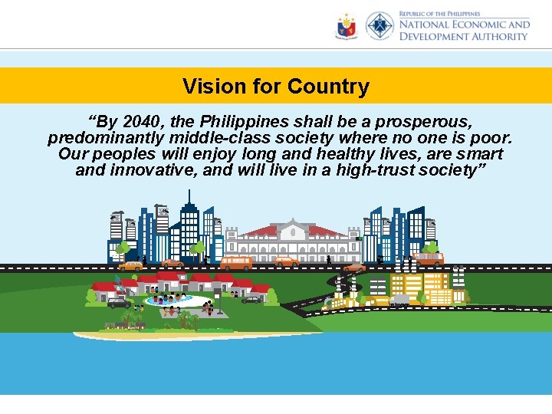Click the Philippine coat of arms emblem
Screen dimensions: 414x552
click(347, 27)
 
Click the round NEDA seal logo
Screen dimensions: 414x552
click(379, 26)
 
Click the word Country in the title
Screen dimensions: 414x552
click(328, 87)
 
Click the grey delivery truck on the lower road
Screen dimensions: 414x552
click(399, 301)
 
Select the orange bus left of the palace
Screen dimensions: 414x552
click(236, 262)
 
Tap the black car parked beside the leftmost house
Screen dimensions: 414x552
click(119, 303)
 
